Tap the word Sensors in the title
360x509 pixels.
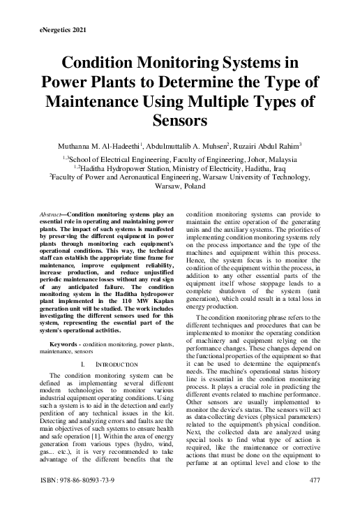(180, 119)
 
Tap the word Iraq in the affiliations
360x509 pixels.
(278, 168)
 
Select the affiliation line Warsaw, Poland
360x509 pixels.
(180, 188)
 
